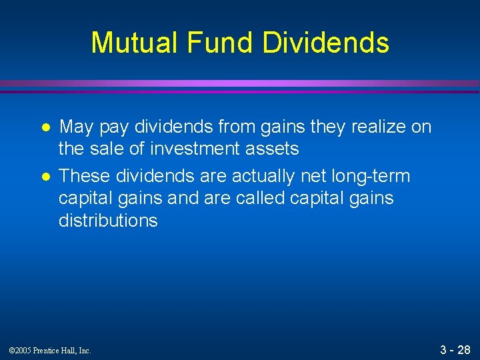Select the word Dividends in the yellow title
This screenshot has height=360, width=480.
pyautogui.click(x=326, y=43)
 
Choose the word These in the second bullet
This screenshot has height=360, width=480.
pyautogui.click(x=85, y=176)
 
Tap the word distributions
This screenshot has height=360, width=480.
pyautogui.click(x=108, y=221)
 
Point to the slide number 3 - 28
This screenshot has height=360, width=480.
pyautogui.click(x=455, y=349)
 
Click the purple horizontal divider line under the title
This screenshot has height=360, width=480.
pyautogui.click(x=240, y=85)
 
